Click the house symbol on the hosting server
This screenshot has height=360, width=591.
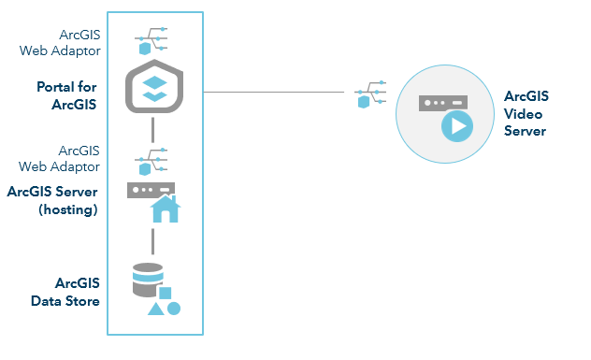coord(166,209)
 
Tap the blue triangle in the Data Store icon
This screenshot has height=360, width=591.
coord(156,308)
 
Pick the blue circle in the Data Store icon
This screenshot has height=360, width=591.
coord(174,308)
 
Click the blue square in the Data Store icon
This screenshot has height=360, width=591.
coord(165,293)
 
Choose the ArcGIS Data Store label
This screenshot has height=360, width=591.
coord(77,291)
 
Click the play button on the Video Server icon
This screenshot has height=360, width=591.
coord(456,125)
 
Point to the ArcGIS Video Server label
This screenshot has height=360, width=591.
coord(526,113)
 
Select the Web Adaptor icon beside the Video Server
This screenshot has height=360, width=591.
coord(368,94)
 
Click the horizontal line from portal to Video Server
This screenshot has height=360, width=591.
coord(281,92)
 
